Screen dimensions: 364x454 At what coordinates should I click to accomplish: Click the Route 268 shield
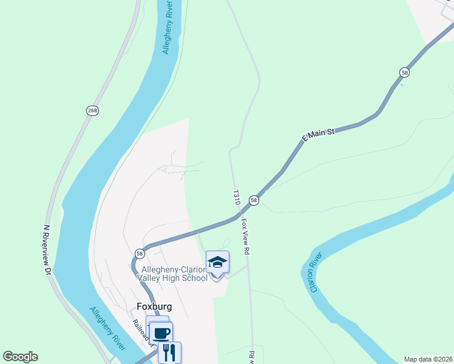click(x=92, y=110)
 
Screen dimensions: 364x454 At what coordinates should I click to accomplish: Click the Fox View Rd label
click(x=246, y=236)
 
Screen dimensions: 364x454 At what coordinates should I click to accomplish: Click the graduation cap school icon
click(x=217, y=263)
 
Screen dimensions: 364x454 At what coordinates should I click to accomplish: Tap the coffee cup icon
click(x=161, y=333)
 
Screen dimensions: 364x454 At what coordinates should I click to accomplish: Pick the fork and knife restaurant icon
click(x=169, y=352)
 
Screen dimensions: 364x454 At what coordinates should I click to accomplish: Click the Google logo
click(x=21, y=357)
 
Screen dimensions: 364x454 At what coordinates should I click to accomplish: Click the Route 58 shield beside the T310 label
click(x=254, y=200)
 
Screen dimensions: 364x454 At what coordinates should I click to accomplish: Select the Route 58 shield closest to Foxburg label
click(x=140, y=254)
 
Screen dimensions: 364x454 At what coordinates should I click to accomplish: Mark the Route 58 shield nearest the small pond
click(x=404, y=72)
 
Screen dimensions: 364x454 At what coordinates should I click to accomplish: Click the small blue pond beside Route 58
click(x=401, y=84)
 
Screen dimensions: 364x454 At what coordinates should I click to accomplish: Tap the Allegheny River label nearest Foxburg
click(x=107, y=328)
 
